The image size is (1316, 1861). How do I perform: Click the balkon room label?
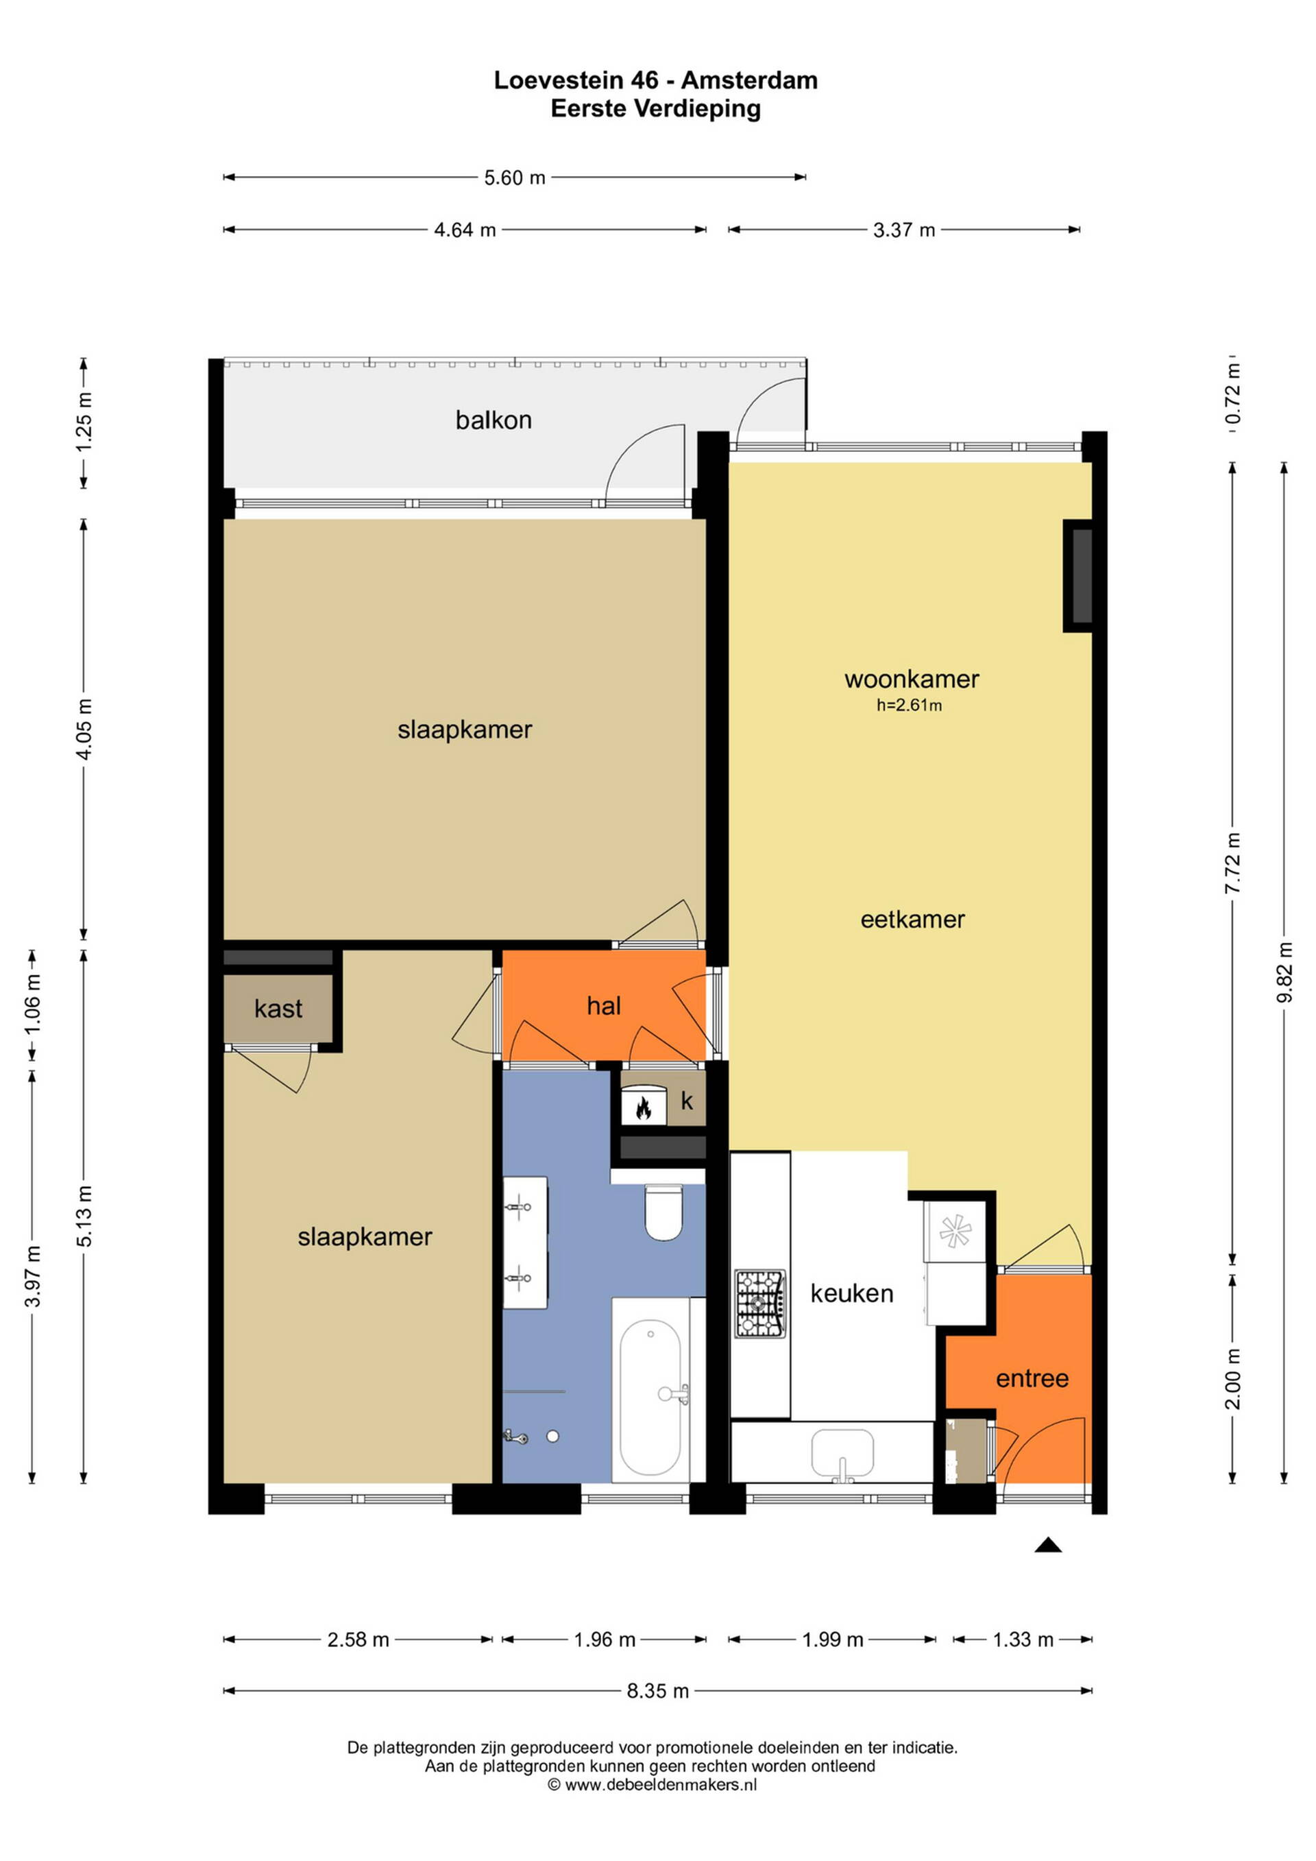click(493, 420)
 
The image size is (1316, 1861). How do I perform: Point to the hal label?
click(604, 1006)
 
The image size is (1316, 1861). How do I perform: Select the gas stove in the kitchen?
click(760, 1304)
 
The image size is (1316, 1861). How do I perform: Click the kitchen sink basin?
click(843, 1454)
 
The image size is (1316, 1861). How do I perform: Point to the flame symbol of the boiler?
click(644, 1108)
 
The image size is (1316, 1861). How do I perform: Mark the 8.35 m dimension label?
click(657, 1691)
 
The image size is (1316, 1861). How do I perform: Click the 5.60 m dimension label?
click(515, 178)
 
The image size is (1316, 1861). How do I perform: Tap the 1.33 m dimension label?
click(1023, 1640)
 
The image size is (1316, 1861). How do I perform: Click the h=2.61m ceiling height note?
click(910, 705)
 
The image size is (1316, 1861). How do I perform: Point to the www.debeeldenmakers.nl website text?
click(661, 1784)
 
